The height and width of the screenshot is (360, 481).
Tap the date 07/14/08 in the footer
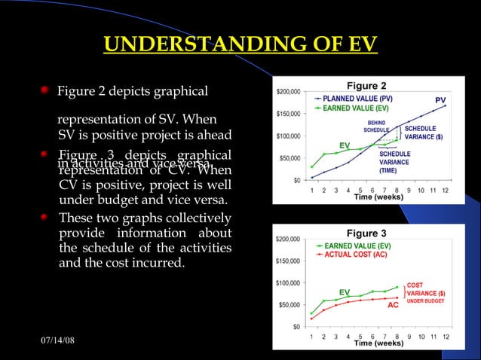tap(57, 343)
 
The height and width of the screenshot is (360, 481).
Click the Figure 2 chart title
tap(366, 85)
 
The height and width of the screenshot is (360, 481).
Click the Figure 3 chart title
tap(366, 233)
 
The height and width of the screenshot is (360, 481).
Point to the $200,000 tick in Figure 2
tap(288, 92)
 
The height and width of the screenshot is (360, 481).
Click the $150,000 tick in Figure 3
tap(288, 261)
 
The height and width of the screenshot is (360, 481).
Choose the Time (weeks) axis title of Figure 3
tap(378, 343)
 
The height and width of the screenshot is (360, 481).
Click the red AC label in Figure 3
tap(393, 305)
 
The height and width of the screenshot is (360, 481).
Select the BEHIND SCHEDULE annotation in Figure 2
tap(378, 126)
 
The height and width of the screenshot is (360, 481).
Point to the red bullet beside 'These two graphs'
tap(47, 217)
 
